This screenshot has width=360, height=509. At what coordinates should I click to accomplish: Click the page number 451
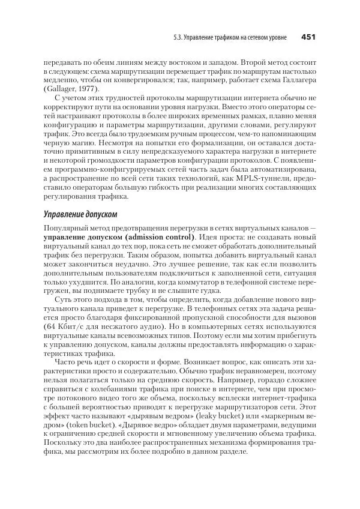308,38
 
